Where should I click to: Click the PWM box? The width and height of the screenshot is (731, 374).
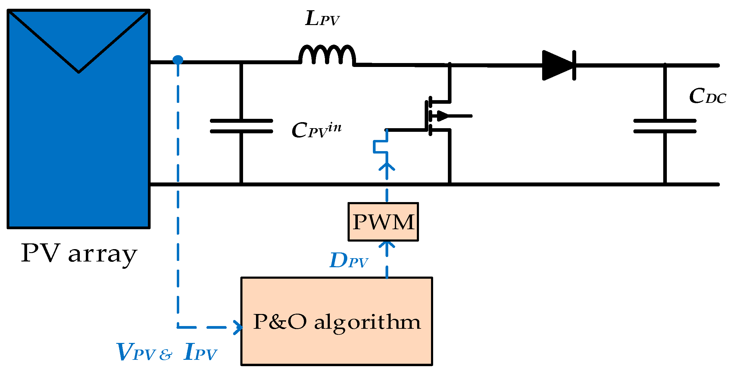tap(383, 222)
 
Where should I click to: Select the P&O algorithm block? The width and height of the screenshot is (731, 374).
tap(336, 321)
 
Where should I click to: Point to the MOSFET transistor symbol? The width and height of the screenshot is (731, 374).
tap(437, 116)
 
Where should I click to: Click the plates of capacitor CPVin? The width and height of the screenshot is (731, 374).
tap(241, 126)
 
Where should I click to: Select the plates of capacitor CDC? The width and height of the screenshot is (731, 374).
tap(665, 126)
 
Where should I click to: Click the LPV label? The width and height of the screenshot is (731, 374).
tap(322, 19)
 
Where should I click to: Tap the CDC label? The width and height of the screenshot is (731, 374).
tap(707, 97)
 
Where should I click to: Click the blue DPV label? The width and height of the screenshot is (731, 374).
tap(348, 261)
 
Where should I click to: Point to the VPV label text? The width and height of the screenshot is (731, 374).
tap(136, 352)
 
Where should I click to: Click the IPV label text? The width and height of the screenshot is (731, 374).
tap(200, 352)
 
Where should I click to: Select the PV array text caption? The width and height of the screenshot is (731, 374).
tap(79, 254)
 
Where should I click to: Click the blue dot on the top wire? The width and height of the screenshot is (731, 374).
tap(178, 60)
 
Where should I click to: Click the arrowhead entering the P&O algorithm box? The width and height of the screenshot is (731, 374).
tap(239, 327)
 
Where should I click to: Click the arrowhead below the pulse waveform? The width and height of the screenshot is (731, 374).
tap(387, 166)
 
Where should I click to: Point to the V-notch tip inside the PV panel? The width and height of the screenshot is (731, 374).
tap(79, 72)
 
